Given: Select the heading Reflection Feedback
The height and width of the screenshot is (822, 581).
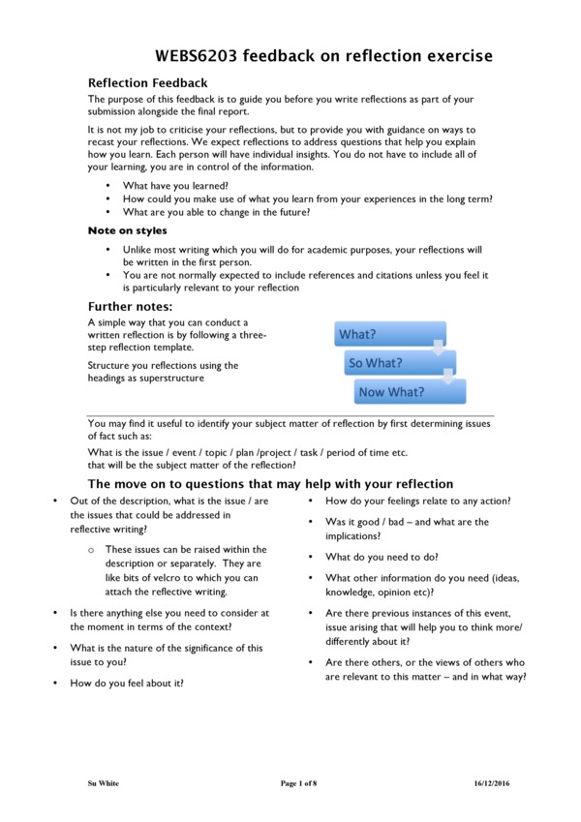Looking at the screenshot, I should [x=147, y=83].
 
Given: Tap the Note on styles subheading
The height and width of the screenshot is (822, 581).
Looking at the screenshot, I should [x=127, y=230].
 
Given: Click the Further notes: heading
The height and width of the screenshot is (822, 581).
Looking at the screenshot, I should [x=130, y=307].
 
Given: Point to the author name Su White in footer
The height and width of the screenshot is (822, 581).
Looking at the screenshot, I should [x=104, y=782].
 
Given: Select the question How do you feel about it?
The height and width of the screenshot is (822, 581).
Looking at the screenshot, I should [x=128, y=683].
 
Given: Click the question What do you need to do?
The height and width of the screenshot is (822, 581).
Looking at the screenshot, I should [x=382, y=557].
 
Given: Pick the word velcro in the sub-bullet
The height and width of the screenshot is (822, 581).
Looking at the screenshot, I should [x=174, y=578].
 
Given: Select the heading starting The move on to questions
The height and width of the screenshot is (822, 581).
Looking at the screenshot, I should [x=270, y=483].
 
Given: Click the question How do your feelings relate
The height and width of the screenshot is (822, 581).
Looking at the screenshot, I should [x=417, y=501].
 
